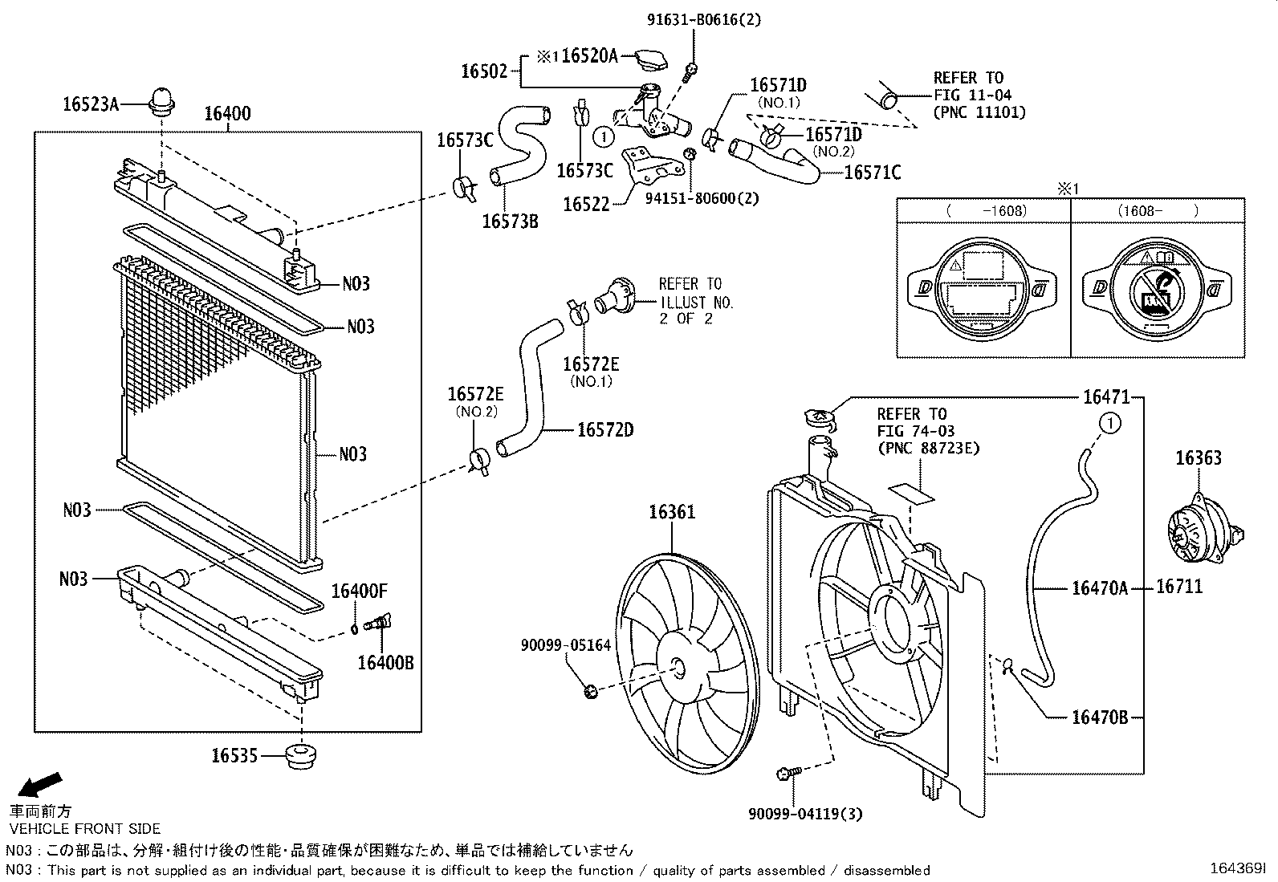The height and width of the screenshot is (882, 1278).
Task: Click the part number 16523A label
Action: click(90, 103)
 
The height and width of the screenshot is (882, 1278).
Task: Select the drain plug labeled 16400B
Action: click(378, 623)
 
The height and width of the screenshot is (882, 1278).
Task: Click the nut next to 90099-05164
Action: click(589, 689)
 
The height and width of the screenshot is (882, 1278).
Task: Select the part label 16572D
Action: click(604, 430)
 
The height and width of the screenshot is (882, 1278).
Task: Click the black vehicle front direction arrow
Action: click(39, 783)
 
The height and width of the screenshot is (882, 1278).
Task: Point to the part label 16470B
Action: click(1099, 717)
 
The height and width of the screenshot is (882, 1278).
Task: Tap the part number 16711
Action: click(1179, 587)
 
